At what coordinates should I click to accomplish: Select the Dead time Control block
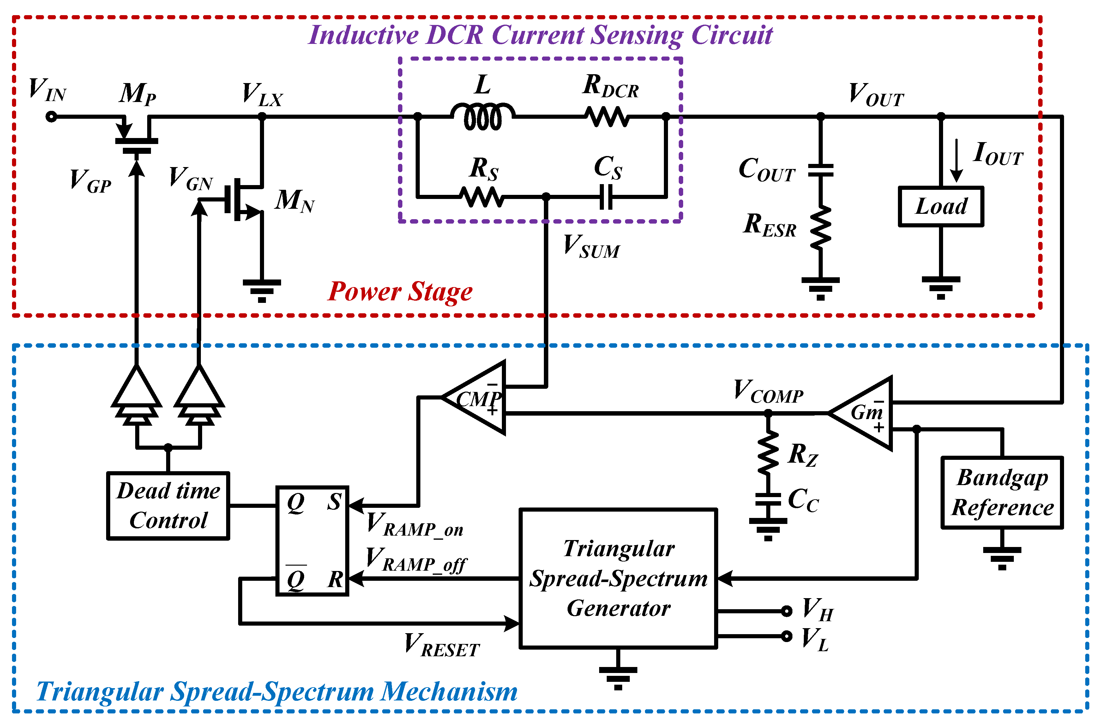click(x=168, y=505)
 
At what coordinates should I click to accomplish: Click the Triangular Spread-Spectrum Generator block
click(x=618, y=578)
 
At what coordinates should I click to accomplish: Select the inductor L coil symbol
click(x=483, y=117)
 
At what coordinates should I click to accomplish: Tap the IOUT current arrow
click(x=956, y=160)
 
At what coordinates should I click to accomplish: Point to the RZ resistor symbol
click(x=768, y=452)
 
